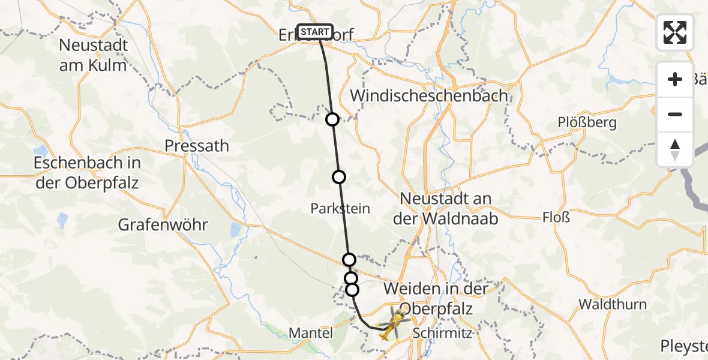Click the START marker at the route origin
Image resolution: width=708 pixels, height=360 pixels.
314,32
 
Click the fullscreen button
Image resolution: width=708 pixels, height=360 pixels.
675,32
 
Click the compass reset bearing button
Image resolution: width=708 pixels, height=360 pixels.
675,149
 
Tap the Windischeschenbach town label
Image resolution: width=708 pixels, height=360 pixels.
428,95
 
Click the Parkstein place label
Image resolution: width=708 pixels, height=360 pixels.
340,208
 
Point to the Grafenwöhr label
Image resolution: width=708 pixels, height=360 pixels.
163,226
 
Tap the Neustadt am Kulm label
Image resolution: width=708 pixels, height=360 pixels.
93,55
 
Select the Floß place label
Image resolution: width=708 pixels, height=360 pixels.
556,216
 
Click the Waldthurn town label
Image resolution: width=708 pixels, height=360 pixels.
613,304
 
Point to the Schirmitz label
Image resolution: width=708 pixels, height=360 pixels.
442,333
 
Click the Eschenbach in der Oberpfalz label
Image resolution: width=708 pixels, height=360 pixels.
87,173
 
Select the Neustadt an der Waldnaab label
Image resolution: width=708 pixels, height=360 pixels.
445,208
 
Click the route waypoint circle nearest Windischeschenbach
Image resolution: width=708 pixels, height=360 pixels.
332,119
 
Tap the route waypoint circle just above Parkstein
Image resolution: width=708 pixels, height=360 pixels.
339,176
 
